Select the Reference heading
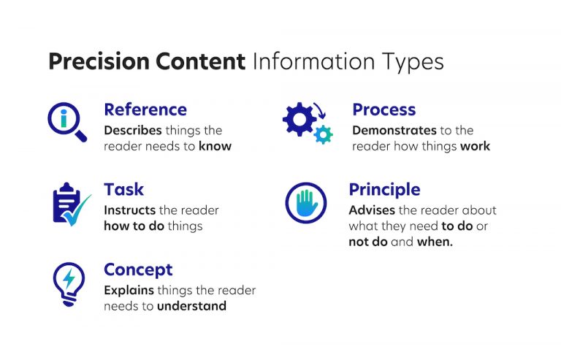pos(145,110)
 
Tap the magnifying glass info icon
pos(66,121)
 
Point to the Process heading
pos(383,110)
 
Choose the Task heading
pos(123,189)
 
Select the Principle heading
pos(384,189)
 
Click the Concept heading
pos(138,269)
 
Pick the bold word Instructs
pos(129,210)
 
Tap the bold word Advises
pos(371,210)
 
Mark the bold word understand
pos(191,306)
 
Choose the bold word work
pos(475,146)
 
